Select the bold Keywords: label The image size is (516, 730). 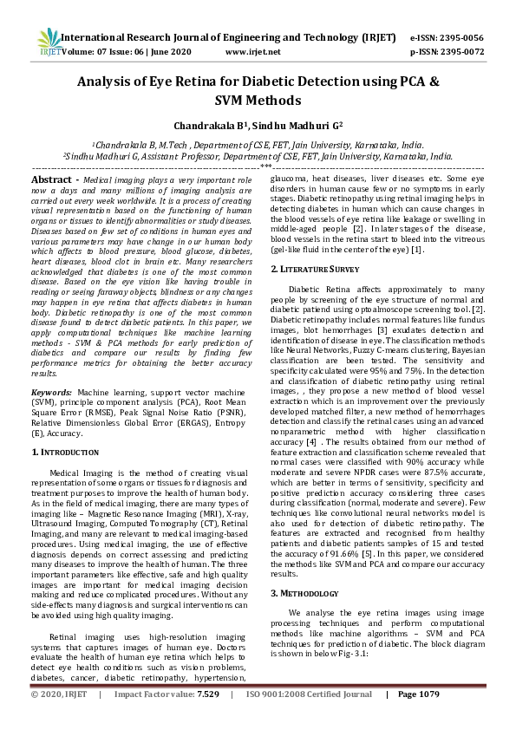[x=52, y=393]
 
